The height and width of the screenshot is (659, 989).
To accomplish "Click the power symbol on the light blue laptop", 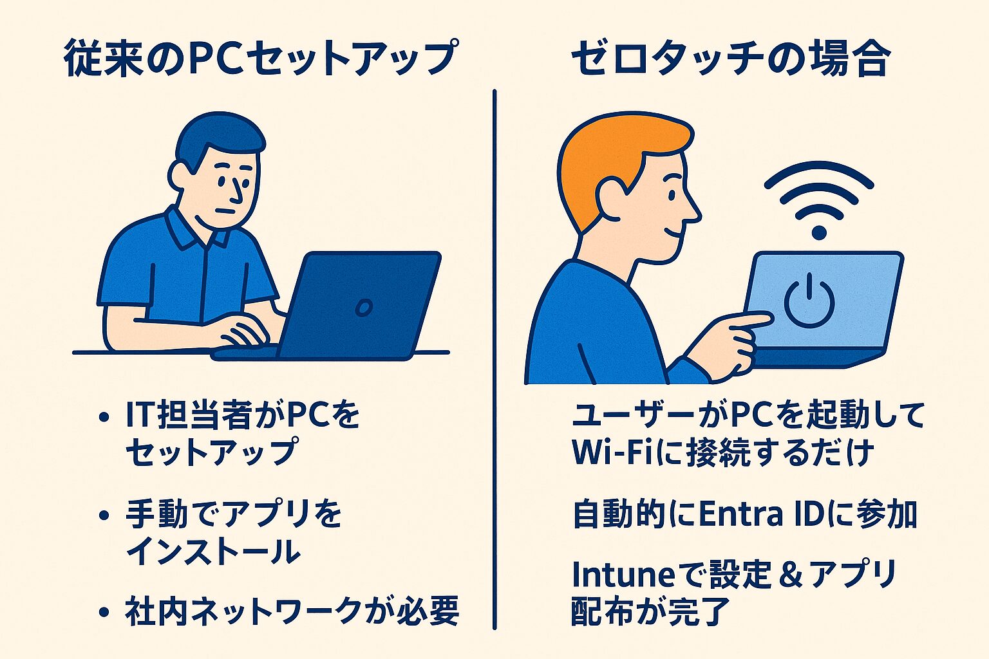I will tap(809, 301).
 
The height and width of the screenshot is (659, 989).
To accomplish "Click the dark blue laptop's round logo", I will tap(364, 308).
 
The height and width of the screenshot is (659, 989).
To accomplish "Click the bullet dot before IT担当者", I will tap(104, 417).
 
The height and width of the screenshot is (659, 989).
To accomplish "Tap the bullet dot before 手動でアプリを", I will tap(104, 515).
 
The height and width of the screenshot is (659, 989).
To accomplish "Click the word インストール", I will tap(213, 552).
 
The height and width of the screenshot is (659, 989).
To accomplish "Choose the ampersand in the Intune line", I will tap(789, 574).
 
